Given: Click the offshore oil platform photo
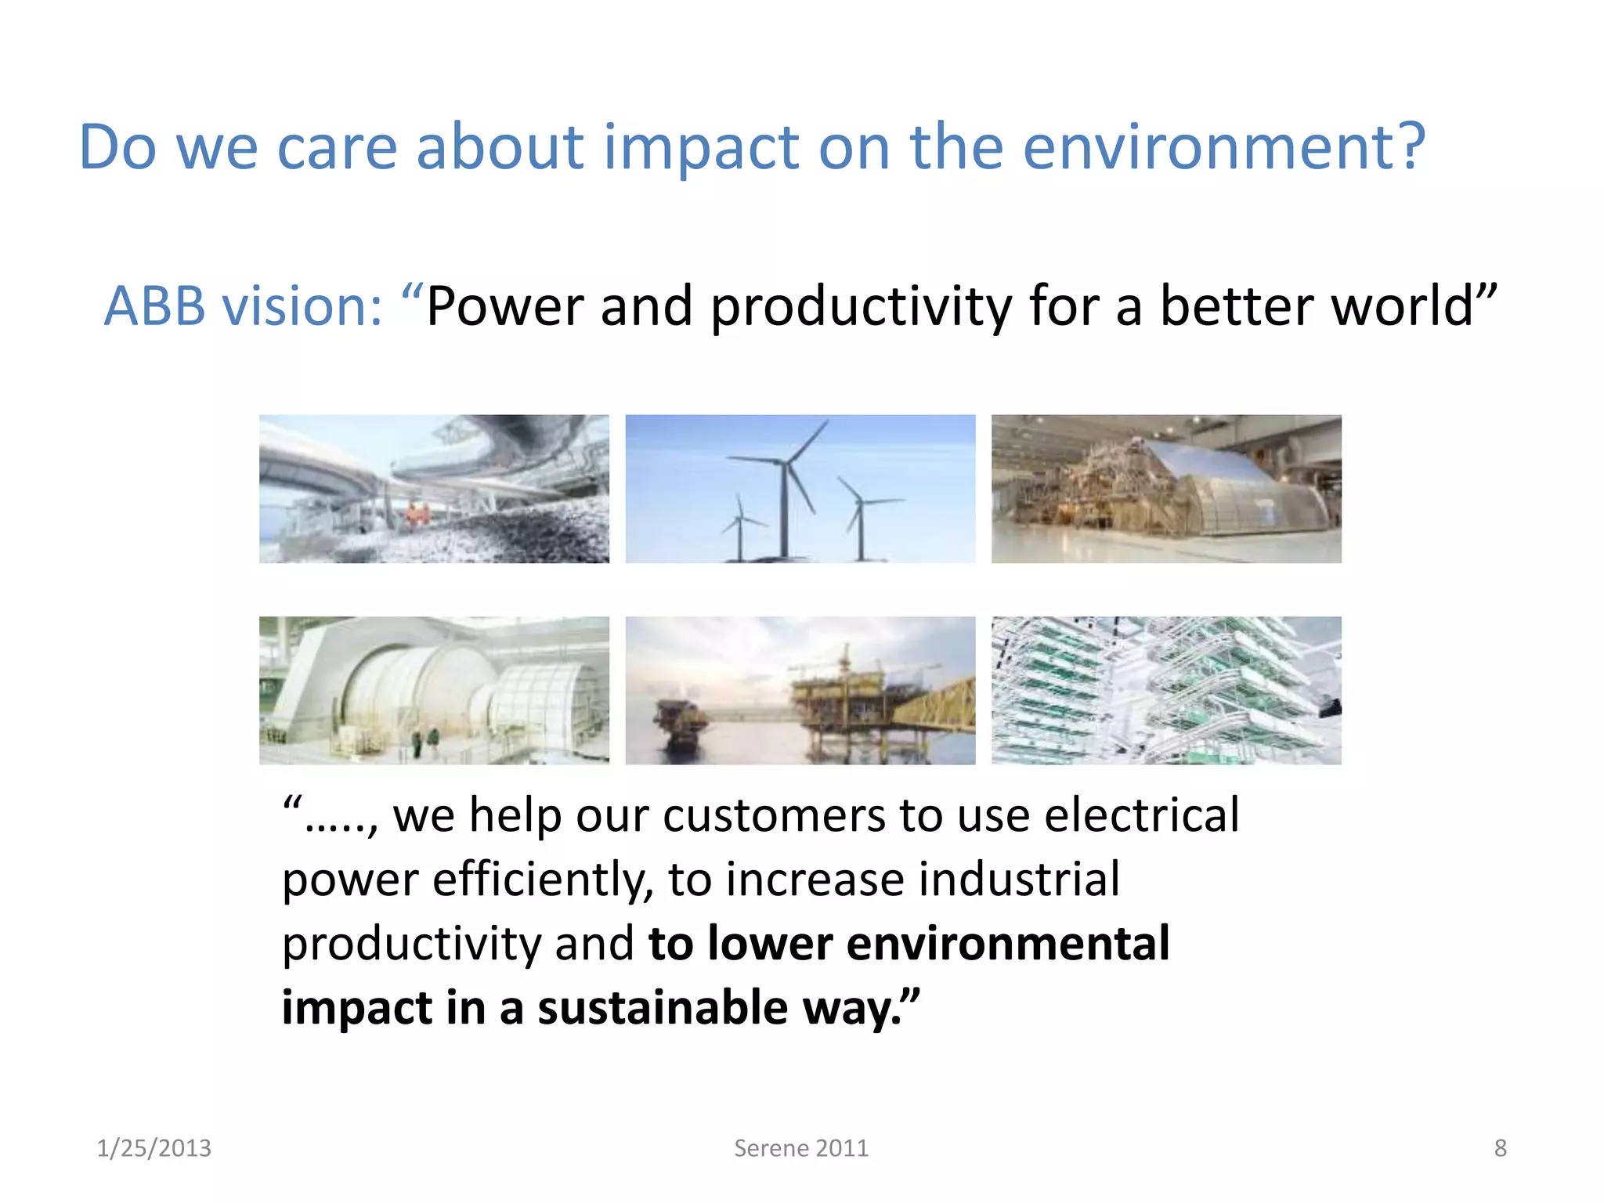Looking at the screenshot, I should pos(800,690).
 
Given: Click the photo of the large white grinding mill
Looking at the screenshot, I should pos(434,690).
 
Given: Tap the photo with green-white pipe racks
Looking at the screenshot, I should pos(1165,690).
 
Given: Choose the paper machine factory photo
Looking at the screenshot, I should pos(1165,489).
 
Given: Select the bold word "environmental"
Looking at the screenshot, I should pos(1008,944).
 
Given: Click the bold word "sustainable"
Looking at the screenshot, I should pos(662,1008).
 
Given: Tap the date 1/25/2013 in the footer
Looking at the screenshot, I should pos(154,1148).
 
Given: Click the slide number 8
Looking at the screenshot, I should pos(1500,1148).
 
